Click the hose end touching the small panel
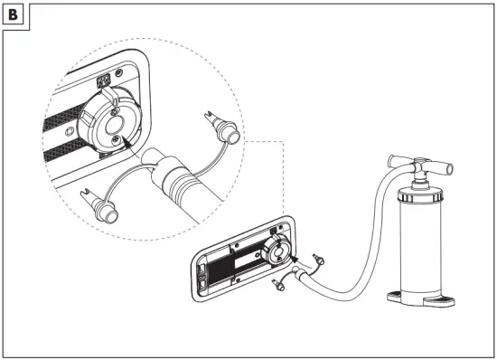click(x=298, y=271)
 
